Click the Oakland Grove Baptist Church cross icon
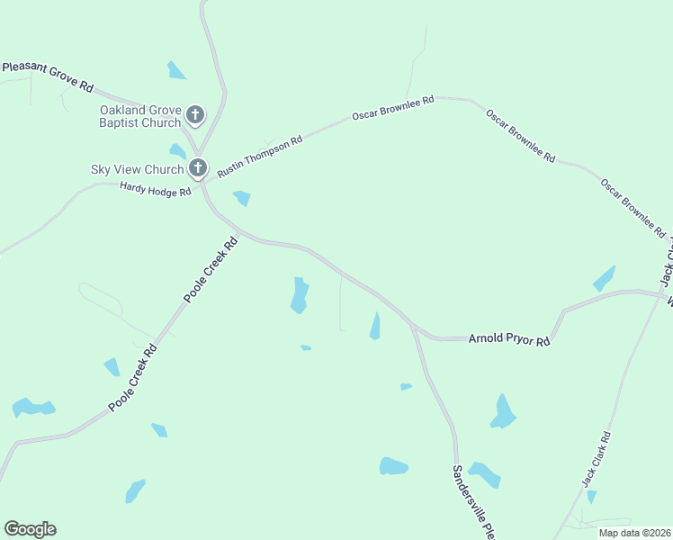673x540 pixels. click(195, 115)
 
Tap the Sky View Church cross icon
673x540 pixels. click(198, 167)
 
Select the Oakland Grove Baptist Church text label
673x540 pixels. click(139, 116)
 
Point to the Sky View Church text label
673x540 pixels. click(136, 169)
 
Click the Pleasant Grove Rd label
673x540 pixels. click(48, 76)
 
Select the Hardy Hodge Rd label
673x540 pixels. click(155, 189)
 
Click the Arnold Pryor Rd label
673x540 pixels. click(508, 339)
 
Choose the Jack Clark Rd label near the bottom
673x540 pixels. click(597, 460)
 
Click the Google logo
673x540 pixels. click(30, 529)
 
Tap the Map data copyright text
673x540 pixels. click(635, 533)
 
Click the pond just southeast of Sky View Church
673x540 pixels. click(241, 198)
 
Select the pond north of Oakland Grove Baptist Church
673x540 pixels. click(176, 70)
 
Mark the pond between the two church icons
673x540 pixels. click(177, 151)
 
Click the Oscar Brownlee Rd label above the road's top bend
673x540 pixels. click(393, 108)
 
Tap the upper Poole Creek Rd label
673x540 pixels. click(211, 268)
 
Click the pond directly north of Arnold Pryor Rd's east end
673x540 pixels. click(605, 278)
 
